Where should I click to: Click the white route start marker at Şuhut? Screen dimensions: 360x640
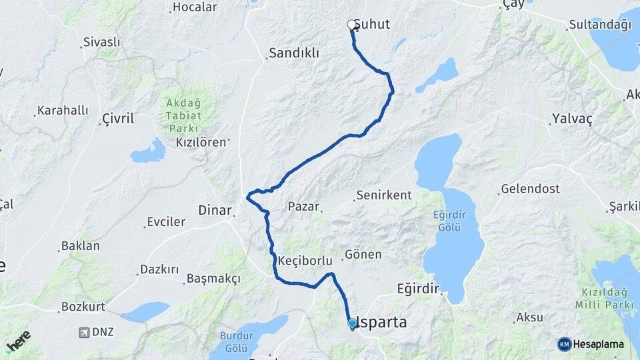pyautogui.click(x=352, y=25)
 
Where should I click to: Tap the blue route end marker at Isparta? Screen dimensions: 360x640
pyautogui.click(x=352, y=324)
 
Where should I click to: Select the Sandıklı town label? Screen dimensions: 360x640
pyautogui.click(x=294, y=53)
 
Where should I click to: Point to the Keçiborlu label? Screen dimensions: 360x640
pyautogui.click(x=305, y=259)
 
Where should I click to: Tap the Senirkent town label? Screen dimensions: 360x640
pyautogui.click(x=384, y=195)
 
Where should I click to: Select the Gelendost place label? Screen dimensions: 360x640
pyautogui.click(x=530, y=189)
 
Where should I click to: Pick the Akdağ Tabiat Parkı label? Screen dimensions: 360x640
pyautogui.click(x=182, y=115)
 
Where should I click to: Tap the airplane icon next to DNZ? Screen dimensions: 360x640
pyautogui.click(x=85, y=332)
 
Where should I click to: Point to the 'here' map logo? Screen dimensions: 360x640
pyautogui.click(x=18, y=341)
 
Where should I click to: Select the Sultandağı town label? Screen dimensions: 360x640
pyautogui.click(x=599, y=25)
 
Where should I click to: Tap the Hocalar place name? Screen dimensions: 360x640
pyautogui.click(x=195, y=7)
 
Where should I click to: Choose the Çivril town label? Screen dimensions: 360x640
pyautogui.click(x=118, y=119)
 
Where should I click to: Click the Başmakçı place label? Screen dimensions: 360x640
pyautogui.click(x=213, y=278)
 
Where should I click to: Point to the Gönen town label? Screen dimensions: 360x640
pyautogui.click(x=363, y=255)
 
